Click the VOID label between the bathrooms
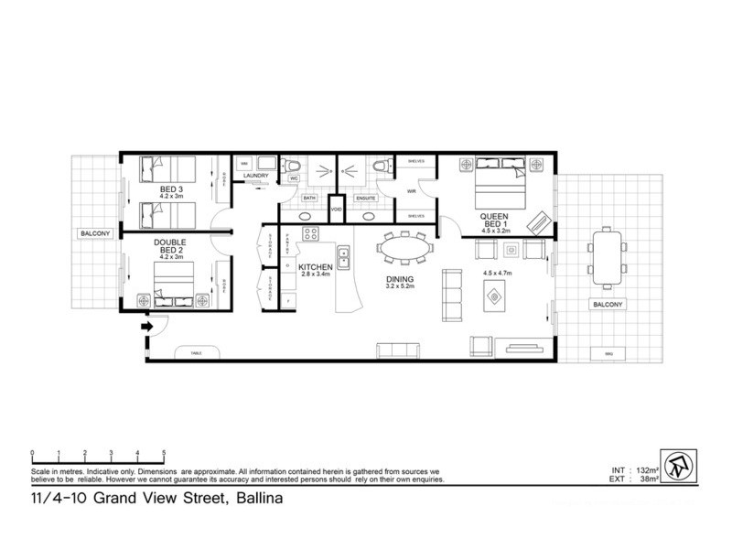pyautogui.click(x=336, y=209)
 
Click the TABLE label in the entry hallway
pyautogui.click(x=195, y=351)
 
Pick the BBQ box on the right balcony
pyautogui.click(x=608, y=354)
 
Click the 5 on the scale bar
pyautogui.click(x=164, y=454)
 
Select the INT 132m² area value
pyautogui.click(x=632, y=469)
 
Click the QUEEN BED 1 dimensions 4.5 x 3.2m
pyautogui.click(x=494, y=231)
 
